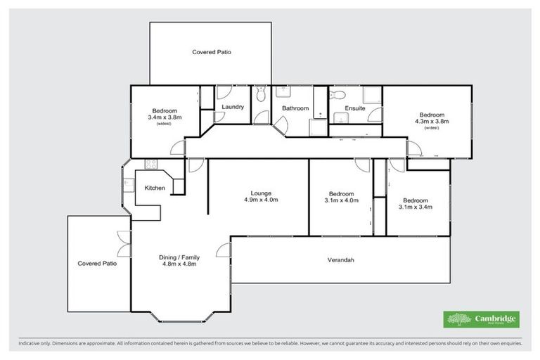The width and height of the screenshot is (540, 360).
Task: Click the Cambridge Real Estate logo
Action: (x=482, y=319)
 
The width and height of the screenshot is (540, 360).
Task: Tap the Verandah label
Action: (x=341, y=260)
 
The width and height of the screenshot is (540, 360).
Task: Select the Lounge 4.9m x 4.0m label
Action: (x=257, y=196)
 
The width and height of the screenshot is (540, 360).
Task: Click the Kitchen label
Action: (x=155, y=188)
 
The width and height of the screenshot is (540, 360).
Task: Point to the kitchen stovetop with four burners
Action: (x=150, y=164)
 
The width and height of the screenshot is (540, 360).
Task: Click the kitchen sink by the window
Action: (x=129, y=186)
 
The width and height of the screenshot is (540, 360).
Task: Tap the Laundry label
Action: (x=232, y=107)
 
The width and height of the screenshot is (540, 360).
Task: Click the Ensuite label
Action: (x=354, y=108)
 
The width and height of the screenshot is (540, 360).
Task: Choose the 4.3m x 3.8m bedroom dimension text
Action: (x=432, y=122)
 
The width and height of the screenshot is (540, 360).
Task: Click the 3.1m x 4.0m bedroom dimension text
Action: (x=341, y=200)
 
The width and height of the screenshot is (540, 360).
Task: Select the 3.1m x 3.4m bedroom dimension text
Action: (x=414, y=207)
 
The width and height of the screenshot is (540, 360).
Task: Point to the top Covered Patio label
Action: (x=212, y=52)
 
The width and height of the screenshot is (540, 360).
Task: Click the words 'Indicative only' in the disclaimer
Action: (x=37, y=344)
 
